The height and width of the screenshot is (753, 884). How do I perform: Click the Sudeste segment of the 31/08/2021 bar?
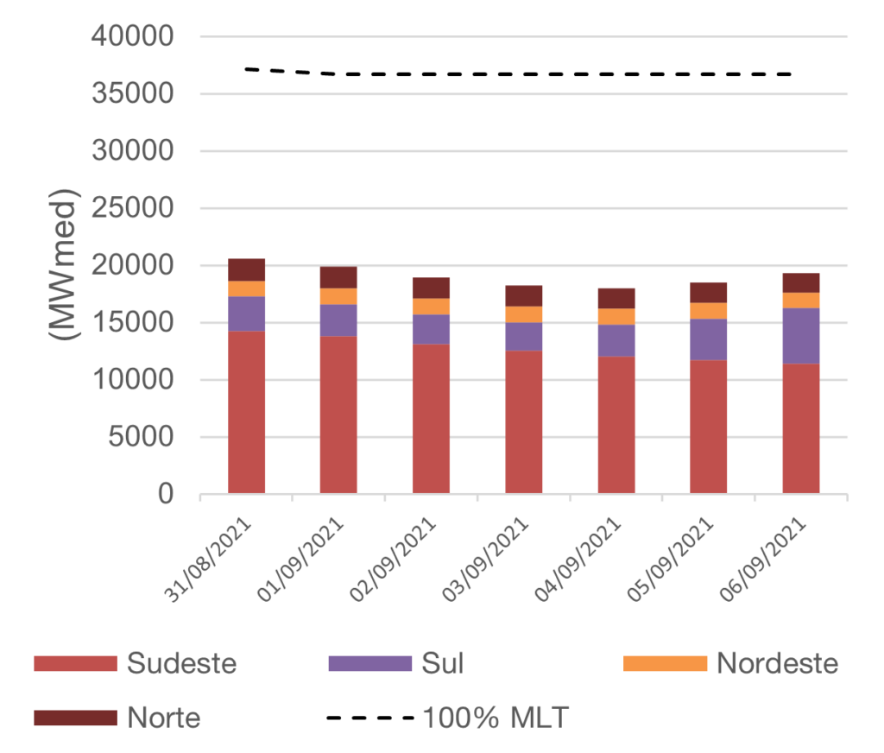pos(246,413)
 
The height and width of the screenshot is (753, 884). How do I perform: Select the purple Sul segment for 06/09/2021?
pos(800,336)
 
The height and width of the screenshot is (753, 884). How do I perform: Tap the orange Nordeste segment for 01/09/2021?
pos(338,296)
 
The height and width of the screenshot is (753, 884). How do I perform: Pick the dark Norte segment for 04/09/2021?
pos(616,298)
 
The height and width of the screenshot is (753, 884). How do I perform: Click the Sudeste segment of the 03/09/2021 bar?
pos(524,422)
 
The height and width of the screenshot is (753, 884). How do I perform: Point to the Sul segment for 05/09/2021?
pos(709,339)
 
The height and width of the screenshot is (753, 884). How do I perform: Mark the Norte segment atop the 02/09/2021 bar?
pos(431,288)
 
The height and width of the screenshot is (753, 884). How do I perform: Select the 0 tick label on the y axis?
pos(166,495)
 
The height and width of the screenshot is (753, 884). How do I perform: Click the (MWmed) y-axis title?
pos(64,263)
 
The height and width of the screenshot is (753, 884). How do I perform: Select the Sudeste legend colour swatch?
pos(75,663)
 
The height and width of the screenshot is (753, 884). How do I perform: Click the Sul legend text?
pos(442,663)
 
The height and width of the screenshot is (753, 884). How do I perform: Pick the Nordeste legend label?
pos(777,663)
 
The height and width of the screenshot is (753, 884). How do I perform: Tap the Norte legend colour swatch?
pos(75,717)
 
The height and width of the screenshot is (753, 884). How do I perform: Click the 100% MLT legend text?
pos(496,717)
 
